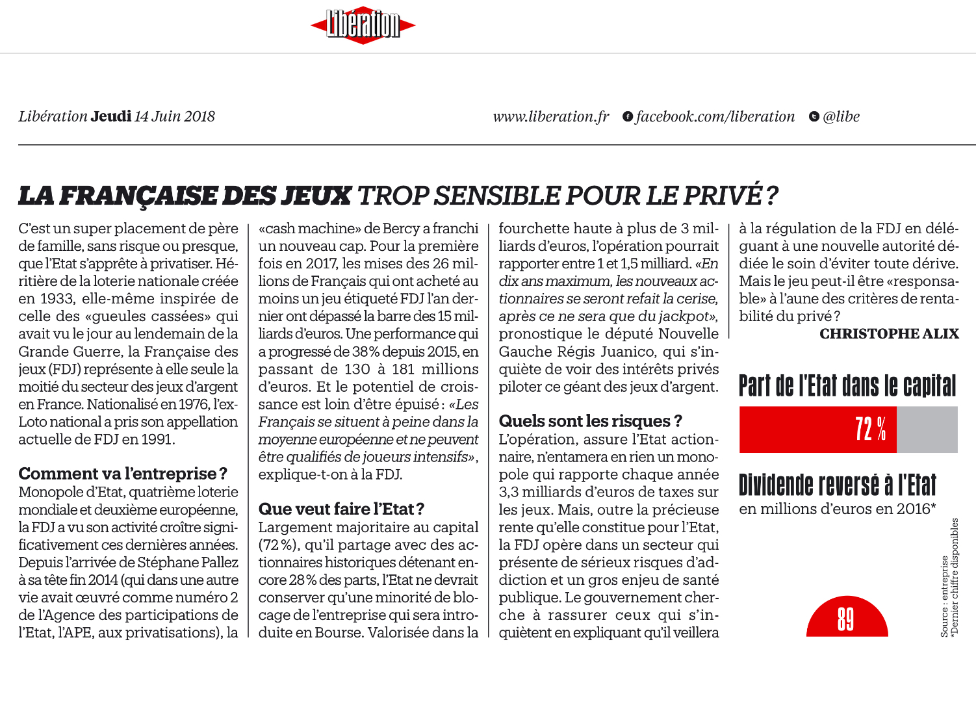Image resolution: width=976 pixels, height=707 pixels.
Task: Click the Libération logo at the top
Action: [363, 25]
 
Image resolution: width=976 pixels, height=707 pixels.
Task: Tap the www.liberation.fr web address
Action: [551, 116]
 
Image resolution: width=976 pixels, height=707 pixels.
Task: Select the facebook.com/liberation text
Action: [715, 116]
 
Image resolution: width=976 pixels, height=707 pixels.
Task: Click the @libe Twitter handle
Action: [841, 116]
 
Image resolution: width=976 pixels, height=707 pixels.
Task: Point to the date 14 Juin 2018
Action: [175, 116]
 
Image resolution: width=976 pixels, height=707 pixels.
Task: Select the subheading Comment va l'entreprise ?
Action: [123, 474]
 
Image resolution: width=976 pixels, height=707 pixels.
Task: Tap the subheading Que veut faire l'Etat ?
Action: [341, 509]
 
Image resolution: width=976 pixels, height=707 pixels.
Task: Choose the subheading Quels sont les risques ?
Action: [590, 421]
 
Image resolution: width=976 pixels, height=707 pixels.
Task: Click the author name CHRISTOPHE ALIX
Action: [889, 334]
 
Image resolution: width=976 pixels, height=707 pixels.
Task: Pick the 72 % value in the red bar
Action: [870, 430]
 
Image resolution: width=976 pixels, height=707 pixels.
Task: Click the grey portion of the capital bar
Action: [927, 430]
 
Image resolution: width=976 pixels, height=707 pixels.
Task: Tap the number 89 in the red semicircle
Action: [845, 619]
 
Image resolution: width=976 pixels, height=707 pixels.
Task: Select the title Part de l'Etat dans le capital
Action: [847, 386]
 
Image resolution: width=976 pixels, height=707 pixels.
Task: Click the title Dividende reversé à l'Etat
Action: [838, 485]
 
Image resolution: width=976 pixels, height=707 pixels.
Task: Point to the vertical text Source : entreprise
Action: [944, 597]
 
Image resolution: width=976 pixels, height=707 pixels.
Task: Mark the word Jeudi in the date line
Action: [111, 116]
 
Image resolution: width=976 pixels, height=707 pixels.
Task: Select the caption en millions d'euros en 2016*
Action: [837, 509]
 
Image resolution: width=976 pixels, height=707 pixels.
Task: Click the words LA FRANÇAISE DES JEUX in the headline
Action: [185, 196]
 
